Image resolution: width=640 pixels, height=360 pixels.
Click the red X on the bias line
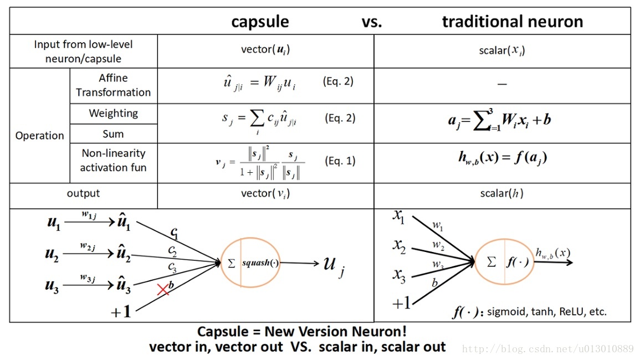[x=163, y=289]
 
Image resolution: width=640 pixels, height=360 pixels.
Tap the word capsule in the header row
[x=260, y=22]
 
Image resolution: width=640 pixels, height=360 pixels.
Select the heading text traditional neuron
[x=512, y=22]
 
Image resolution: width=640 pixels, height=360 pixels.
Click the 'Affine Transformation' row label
[x=113, y=85]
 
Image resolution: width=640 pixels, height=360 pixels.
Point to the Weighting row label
[x=113, y=114]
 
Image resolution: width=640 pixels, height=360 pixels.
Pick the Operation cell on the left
[x=40, y=136]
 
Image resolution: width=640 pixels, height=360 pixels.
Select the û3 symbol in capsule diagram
[x=124, y=286]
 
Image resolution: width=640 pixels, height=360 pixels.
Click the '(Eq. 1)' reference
[x=339, y=161]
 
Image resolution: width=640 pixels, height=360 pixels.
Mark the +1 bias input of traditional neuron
[x=401, y=303]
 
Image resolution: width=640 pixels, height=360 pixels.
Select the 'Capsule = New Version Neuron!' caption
[x=302, y=332]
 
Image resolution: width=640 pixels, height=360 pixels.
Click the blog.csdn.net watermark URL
[x=547, y=349]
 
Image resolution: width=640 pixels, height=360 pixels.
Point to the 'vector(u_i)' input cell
[x=265, y=49]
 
